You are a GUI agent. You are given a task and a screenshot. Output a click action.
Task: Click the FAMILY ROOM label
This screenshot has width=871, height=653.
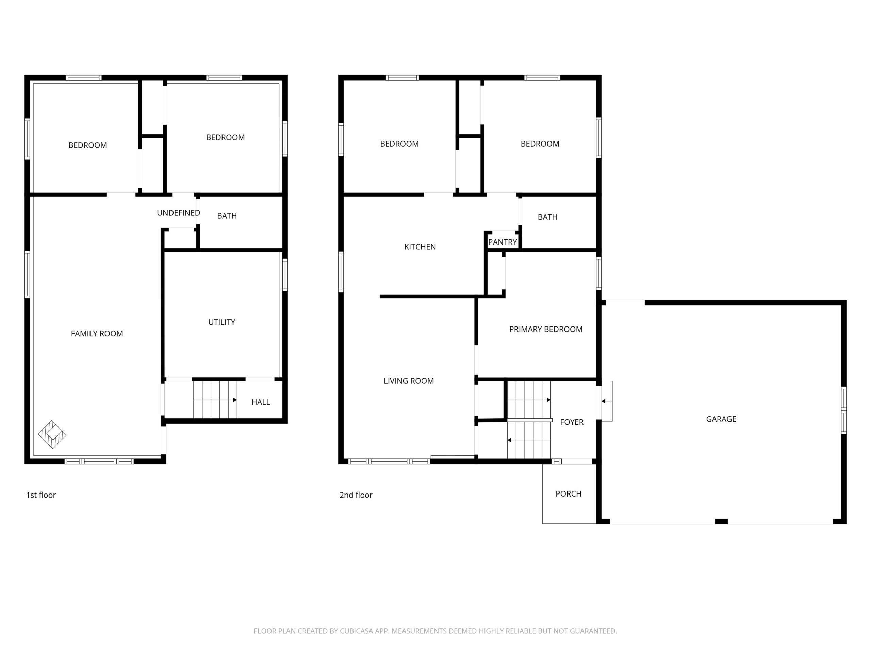coord(97,333)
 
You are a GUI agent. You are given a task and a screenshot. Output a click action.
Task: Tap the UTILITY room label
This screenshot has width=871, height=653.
coord(222,322)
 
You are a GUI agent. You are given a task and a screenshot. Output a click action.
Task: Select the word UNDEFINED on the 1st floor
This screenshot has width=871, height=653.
coord(178,213)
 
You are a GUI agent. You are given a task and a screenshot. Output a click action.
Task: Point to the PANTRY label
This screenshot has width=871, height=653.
coord(503,242)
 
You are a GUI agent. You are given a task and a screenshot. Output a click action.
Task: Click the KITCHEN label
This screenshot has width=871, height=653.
coord(420,247)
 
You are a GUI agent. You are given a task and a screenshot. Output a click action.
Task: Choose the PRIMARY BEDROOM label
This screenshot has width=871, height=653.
coord(546,329)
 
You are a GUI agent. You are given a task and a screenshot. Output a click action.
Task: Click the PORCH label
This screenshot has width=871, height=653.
coord(568,493)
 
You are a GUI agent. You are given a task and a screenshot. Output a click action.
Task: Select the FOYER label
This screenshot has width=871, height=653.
coord(572,422)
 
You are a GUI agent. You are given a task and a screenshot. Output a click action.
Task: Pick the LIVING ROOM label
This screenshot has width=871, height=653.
coord(409,381)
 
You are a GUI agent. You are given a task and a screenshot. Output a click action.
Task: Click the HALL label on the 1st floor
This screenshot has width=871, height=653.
coord(261,402)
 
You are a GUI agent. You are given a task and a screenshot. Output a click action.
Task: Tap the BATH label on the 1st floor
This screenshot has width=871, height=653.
coord(227,216)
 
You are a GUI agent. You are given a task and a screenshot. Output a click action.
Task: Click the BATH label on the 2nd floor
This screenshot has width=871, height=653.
coord(547,217)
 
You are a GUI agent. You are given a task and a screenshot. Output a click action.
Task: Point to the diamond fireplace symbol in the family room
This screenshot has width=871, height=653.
coord(52,435)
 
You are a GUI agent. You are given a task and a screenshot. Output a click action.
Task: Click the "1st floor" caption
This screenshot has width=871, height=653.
coord(41,495)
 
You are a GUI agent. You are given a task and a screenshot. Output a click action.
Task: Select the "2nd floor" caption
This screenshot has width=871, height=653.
coord(356,495)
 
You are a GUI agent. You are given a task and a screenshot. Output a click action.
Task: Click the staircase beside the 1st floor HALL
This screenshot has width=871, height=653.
coord(215,400)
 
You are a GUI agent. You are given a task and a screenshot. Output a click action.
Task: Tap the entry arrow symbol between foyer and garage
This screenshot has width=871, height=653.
coord(606,401)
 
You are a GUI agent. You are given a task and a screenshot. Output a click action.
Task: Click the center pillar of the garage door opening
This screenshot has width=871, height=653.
coord(721,521)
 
